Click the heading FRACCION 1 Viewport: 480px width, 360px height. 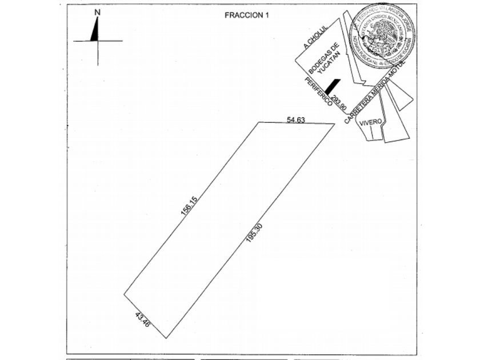246,15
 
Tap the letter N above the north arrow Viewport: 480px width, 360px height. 98,11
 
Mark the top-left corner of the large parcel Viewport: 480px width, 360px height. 259,122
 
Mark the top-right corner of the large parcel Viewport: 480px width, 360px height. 334,123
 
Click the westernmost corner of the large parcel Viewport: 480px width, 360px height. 124,295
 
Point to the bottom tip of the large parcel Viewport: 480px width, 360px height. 167,338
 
